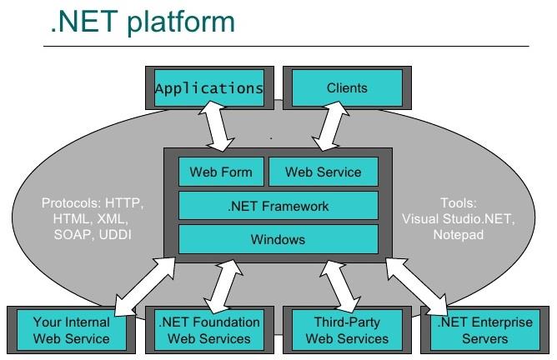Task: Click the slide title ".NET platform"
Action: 142,22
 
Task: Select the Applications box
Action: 209,87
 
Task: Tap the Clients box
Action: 347,87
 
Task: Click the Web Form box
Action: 220,172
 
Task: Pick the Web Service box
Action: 323,172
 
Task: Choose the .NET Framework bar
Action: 278,206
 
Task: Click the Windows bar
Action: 278,240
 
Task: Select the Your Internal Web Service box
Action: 71,330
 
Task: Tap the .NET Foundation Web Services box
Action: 208,330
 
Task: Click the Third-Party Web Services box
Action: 347,330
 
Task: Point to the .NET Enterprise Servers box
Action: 484,330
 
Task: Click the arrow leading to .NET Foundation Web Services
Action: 220,285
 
